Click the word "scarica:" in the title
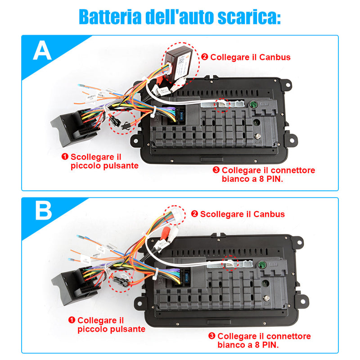[249, 17]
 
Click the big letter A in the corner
[42, 50]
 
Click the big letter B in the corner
[43, 211]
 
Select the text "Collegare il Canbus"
[250, 57]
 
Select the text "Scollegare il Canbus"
[243, 214]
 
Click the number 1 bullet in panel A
[65, 157]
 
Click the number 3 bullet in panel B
[211, 336]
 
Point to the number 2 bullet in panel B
[194, 214]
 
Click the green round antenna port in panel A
[253, 105]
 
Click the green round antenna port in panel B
[261, 265]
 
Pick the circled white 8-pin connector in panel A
[222, 104]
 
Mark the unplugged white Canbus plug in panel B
[176, 215]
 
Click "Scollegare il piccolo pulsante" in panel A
[104, 161]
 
